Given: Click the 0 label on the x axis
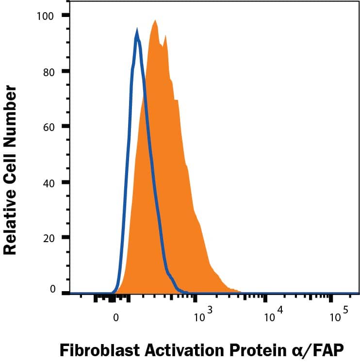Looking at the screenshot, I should (x=115, y=318).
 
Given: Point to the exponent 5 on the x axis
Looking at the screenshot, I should (x=345, y=310).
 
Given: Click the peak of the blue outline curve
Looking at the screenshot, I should (x=137, y=30).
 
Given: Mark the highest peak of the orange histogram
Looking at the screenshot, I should (x=154, y=21).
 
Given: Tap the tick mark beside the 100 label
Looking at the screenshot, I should (x=65, y=16).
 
